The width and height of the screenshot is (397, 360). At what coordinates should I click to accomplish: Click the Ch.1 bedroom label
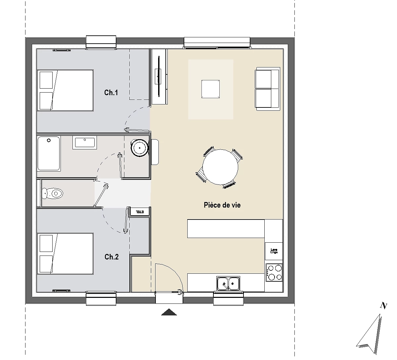point(111,93)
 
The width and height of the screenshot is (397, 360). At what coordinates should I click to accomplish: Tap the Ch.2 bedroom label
point(111,257)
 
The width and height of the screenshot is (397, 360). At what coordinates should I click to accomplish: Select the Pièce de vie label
point(222,205)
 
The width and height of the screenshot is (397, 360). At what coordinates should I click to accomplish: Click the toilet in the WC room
point(53,193)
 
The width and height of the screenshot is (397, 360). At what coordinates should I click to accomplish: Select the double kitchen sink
point(229,283)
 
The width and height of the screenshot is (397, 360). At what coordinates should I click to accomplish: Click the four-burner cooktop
point(274,272)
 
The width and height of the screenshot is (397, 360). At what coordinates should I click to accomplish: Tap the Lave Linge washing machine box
point(274,251)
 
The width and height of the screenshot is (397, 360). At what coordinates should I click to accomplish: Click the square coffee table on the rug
point(211,89)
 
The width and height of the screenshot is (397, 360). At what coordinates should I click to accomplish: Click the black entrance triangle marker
point(169,312)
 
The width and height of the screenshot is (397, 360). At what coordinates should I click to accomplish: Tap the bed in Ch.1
point(65,90)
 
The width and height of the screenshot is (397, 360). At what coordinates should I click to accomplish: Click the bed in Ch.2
point(65,254)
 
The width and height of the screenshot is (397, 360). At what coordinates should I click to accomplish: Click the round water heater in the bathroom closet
point(140,147)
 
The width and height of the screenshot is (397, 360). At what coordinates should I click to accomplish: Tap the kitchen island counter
point(226,228)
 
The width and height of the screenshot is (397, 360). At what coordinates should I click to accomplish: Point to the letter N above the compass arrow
point(383,306)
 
